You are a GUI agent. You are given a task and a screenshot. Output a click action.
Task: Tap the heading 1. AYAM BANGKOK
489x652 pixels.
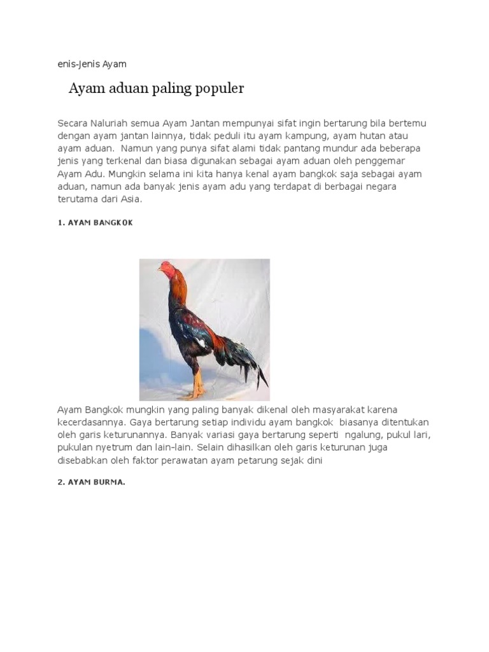(95, 223)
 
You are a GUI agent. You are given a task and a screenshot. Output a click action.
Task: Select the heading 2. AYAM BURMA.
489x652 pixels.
(91, 482)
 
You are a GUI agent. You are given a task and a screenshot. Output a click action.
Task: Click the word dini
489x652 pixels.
(316, 460)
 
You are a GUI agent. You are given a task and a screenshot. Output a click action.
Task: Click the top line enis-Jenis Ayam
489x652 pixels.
(92, 64)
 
